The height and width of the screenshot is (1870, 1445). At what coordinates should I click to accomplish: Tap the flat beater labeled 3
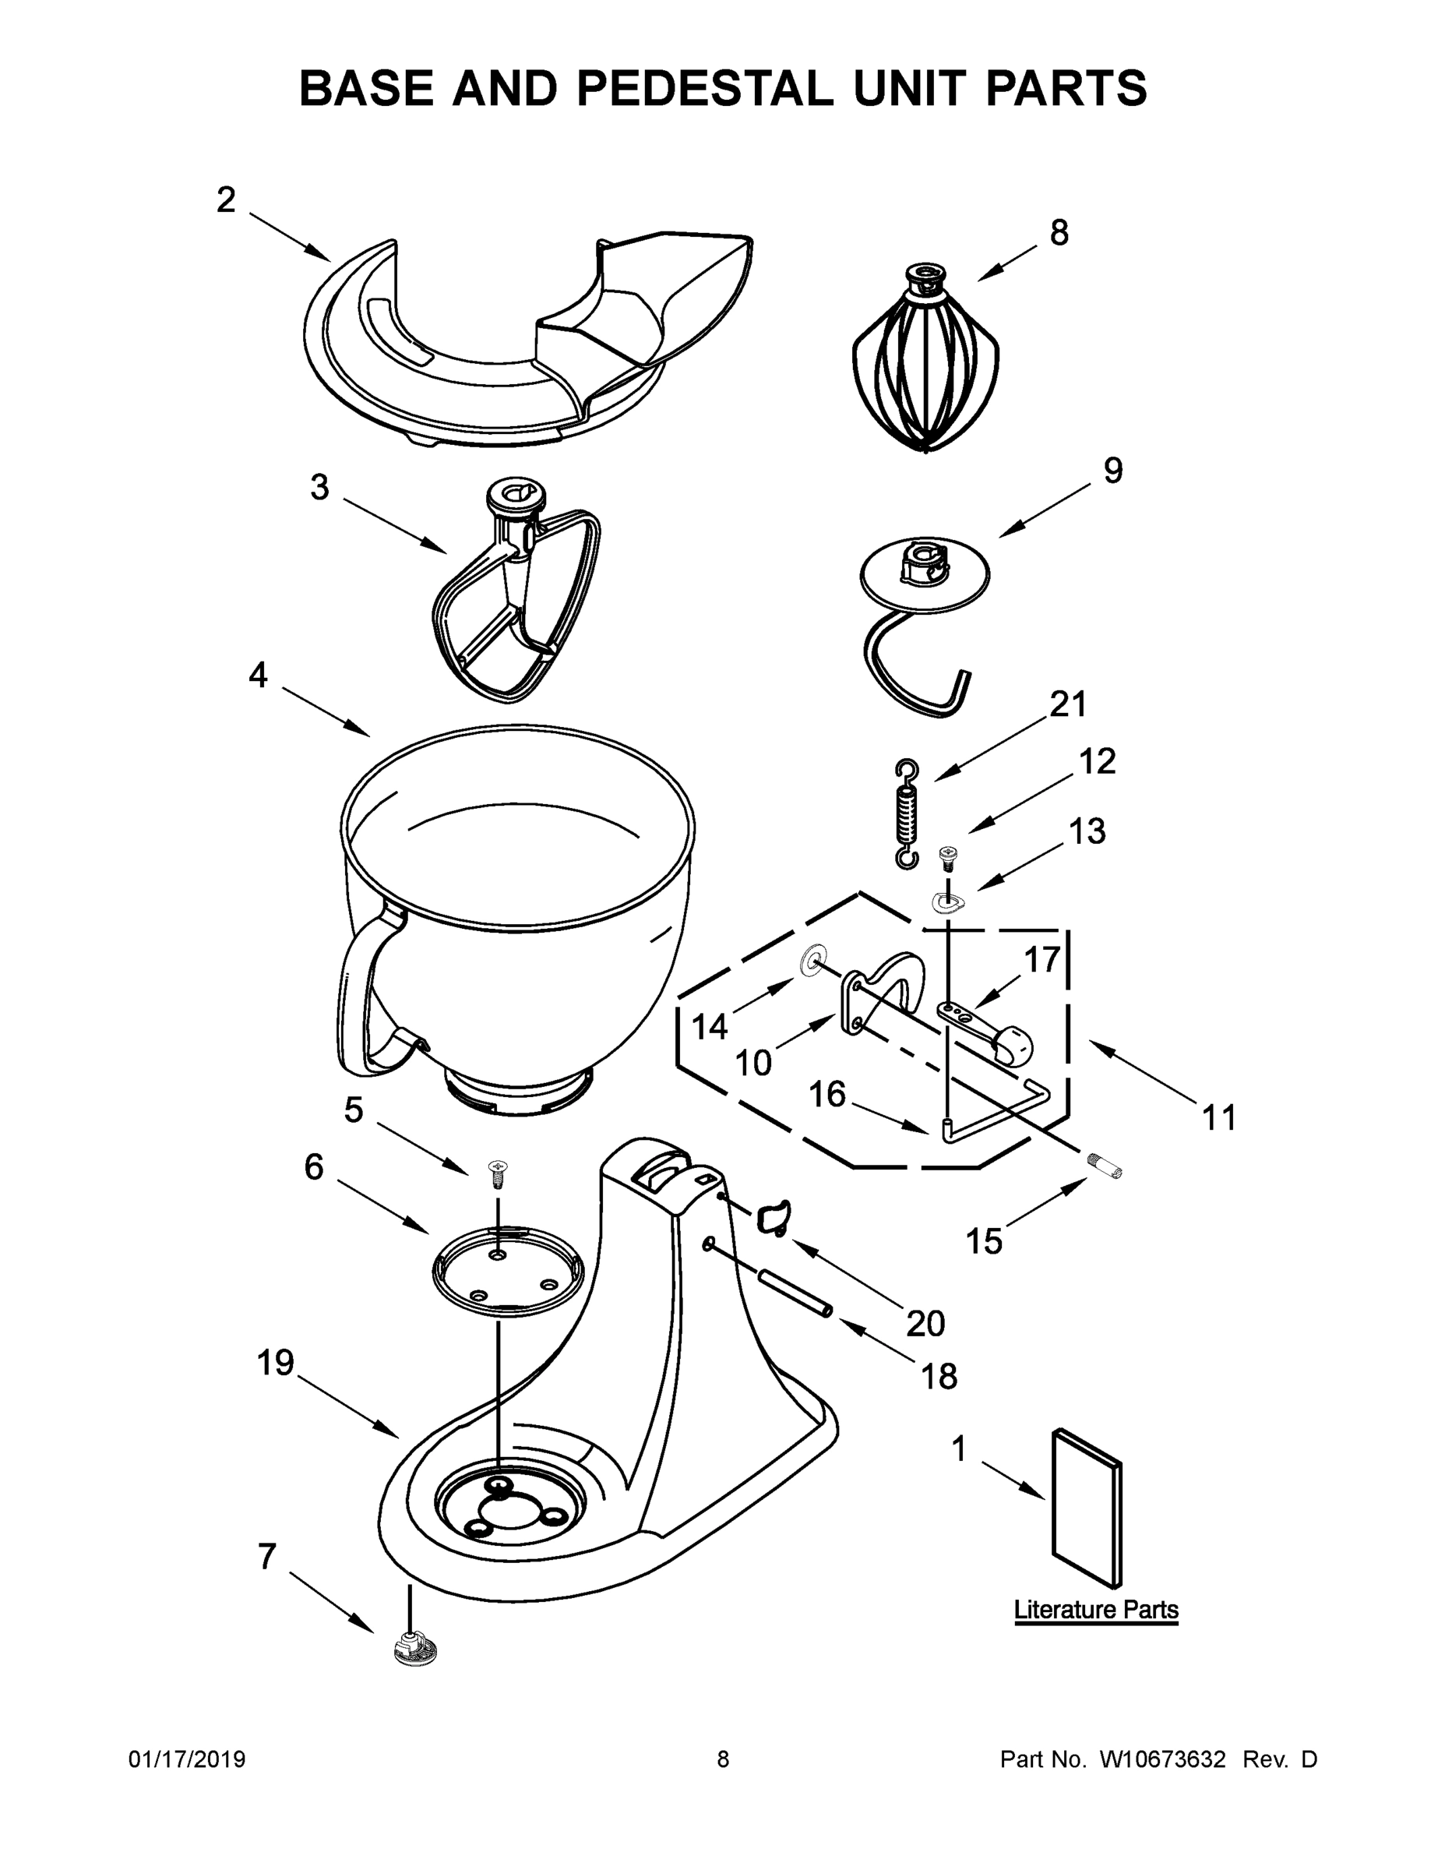click(513, 599)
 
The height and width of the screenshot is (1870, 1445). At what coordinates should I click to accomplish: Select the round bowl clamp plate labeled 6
click(507, 1271)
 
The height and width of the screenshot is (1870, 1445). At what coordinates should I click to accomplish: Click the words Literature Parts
click(1096, 1610)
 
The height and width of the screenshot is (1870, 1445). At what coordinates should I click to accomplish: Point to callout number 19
click(276, 1362)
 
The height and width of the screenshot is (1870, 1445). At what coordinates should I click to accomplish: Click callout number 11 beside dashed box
click(1219, 1117)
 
